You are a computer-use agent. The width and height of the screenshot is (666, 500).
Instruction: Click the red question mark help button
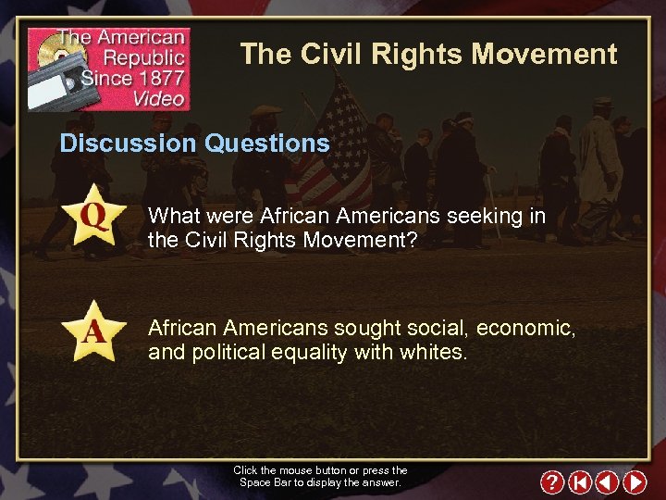[x=552, y=482]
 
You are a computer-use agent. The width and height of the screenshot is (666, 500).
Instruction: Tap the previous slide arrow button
[x=607, y=482]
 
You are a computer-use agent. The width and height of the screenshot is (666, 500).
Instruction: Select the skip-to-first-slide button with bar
[x=580, y=482]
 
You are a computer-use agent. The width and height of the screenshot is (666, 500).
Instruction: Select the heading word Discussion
[x=129, y=144]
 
